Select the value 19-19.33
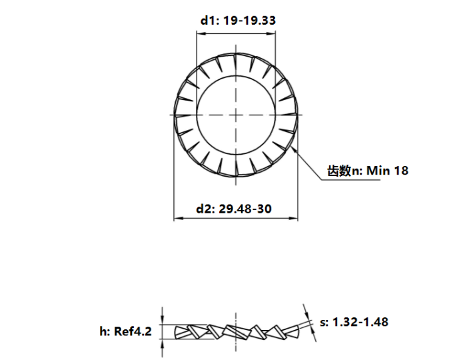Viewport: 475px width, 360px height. [x=249, y=21]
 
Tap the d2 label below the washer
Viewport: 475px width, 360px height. [x=205, y=209]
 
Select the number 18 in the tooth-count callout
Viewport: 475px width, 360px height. [x=401, y=171]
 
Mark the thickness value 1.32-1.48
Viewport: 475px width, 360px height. [x=360, y=322]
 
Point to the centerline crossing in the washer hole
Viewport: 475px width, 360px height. [x=236, y=115]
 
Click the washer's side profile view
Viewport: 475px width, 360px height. [x=236, y=331]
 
